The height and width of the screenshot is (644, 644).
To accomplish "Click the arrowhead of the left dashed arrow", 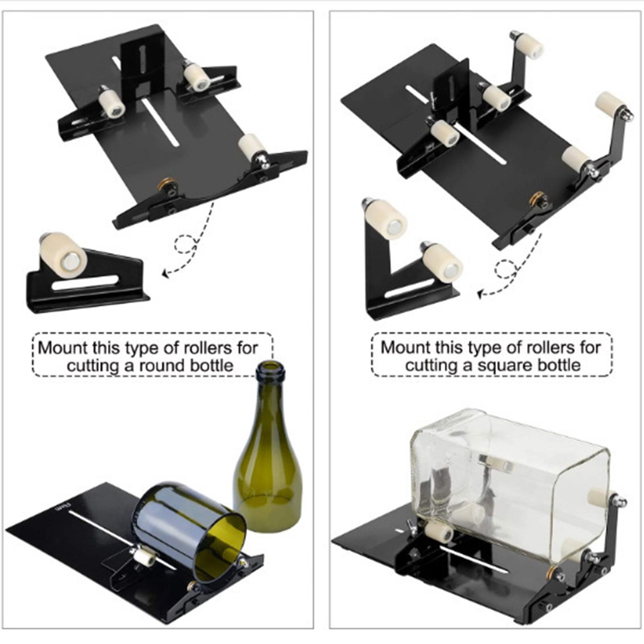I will pyautogui.click(x=164, y=274).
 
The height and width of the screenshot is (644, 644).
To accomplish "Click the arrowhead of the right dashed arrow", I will pyautogui.click(x=479, y=295).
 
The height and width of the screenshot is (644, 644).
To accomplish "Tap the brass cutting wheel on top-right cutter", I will pyautogui.click(x=537, y=198).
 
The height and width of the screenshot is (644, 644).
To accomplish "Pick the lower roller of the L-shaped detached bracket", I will pyautogui.click(x=442, y=261).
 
